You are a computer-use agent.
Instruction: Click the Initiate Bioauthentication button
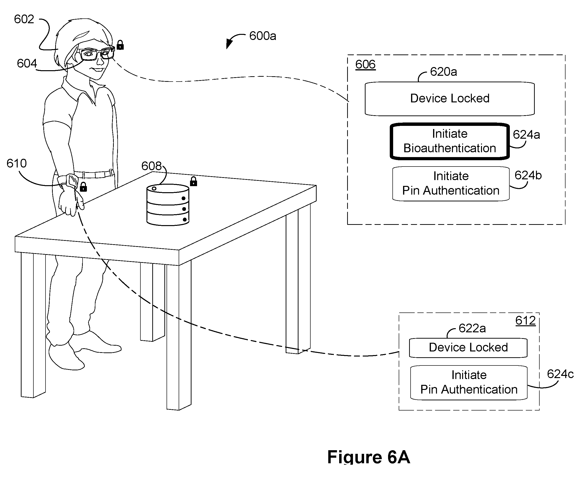tap(449, 141)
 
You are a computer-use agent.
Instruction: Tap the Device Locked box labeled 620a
tap(449, 99)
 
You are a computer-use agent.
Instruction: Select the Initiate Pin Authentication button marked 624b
tap(451, 183)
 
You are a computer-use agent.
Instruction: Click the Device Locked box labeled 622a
tap(468, 348)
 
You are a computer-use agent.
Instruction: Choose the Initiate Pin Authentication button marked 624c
tap(469, 382)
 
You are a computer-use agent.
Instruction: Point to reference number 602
tap(24, 19)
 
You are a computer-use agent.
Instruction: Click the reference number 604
tap(27, 63)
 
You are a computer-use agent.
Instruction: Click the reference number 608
tap(151, 166)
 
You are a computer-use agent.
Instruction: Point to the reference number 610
tap(16, 163)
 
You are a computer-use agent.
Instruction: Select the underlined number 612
tap(526, 320)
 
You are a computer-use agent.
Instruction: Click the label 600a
tap(262, 36)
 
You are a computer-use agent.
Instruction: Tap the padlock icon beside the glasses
tap(120, 45)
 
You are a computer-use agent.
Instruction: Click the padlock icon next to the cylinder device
tap(193, 181)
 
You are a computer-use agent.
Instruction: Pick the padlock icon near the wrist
tap(83, 187)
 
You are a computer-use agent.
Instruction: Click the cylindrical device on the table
tap(168, 205)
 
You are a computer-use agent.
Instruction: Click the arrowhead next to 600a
tap(229, 44)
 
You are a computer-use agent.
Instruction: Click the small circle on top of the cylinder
tap(154, 189)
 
